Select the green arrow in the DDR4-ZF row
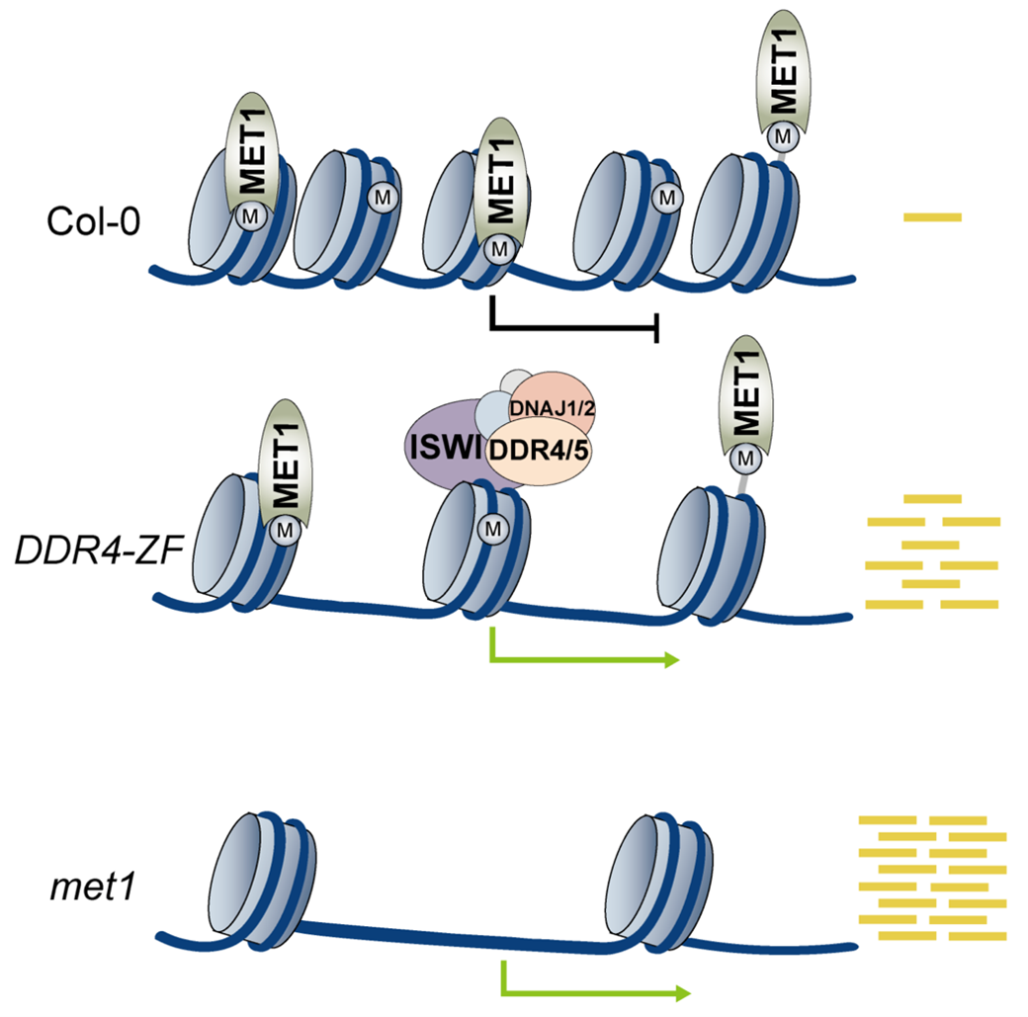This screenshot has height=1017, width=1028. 583,658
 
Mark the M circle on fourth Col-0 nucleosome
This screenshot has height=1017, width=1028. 667,199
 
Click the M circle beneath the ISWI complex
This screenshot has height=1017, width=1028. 491,530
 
